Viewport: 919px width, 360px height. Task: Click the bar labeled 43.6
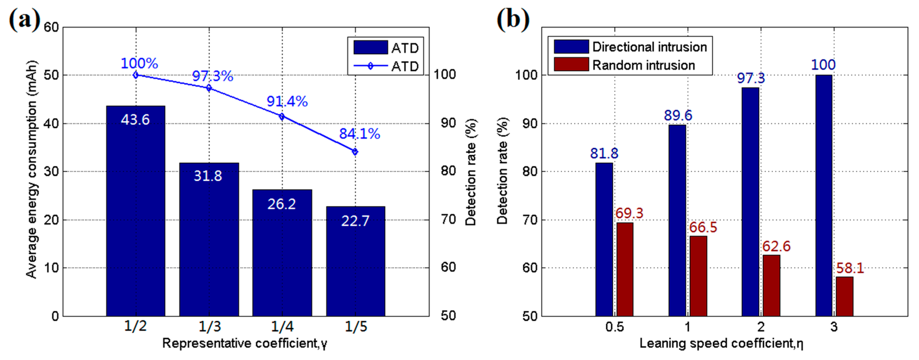[x=136, y=211]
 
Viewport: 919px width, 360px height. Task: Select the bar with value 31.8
[x=209, y=239]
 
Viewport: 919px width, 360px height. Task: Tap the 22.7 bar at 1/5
[x=355, y=261]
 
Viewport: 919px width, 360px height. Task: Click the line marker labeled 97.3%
[x=209, y=88]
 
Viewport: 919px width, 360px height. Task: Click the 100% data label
[x=139, y=63]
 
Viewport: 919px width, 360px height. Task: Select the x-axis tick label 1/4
[x=282, y=326]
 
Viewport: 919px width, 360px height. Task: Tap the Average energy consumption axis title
[x=31, y=169]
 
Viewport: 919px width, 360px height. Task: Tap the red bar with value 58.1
[x=844, y=296]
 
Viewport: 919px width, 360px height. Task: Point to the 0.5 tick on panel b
[x=614, y=326]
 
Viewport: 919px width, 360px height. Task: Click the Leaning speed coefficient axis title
[x=721, y=343]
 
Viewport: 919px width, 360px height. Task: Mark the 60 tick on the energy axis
[x=51, y=27]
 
